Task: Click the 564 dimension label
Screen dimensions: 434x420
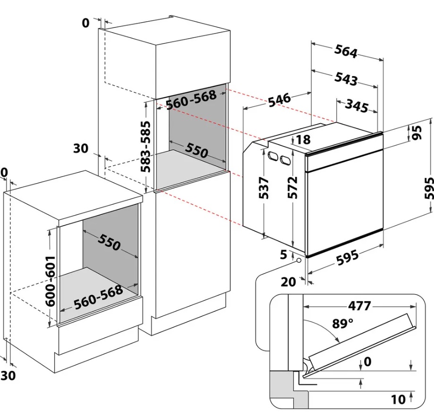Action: tap(346, 51)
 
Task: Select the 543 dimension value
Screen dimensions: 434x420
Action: tap(346, 78)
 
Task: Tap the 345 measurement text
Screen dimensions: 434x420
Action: tap(357, 106)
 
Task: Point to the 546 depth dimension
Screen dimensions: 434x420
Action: tap(280, 100)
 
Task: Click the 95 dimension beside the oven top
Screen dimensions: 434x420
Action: tap(416, 133)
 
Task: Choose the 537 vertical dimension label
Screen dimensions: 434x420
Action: tap(264, 188)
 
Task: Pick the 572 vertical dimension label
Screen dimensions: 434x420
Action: tap(293, 187)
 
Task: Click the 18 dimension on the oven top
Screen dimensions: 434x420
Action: tap(303, 140)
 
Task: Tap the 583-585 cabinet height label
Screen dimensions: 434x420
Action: tap(145, 147)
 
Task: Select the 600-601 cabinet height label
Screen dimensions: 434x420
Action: tap(51, 281)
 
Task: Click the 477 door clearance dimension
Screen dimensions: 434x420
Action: tap(359, 306)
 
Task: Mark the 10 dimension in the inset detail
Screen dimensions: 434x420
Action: tap(398, 399)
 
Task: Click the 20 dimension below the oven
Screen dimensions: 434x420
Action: tap(289, 282)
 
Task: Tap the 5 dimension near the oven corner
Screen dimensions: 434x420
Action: tap(284, 255)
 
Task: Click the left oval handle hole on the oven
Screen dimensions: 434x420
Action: tap(272, 157)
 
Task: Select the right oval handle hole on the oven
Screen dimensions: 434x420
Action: tap(285, 160)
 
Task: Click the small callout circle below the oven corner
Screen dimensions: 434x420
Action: tap(299, 260)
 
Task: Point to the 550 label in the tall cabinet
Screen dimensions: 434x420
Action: tap(196, 151)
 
